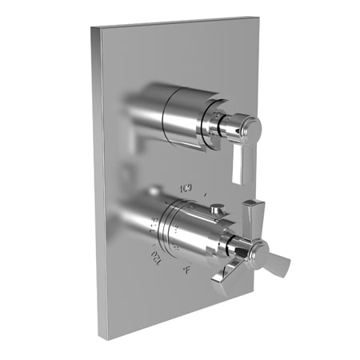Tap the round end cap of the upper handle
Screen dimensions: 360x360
(251, 126)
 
